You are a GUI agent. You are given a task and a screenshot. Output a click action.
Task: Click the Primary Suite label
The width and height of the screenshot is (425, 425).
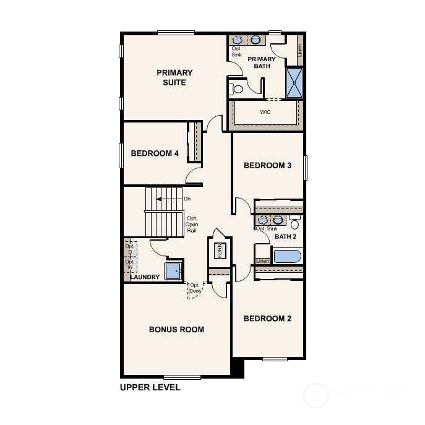point(174,77)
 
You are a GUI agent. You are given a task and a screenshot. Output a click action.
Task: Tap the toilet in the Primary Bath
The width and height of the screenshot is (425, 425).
point(236,88)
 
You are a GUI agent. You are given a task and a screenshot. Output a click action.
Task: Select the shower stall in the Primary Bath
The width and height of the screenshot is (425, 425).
point(294,83)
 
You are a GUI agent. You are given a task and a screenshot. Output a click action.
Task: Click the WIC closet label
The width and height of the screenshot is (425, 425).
point(265,112)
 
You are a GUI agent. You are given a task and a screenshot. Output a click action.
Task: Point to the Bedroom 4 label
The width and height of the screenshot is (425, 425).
point(155,153)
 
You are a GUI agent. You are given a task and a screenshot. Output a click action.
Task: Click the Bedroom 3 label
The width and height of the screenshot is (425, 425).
point(267,165)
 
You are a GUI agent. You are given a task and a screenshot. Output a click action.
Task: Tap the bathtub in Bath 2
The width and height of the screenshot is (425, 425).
point(287,256)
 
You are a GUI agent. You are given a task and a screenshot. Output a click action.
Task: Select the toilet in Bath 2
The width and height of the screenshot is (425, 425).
point(294,222)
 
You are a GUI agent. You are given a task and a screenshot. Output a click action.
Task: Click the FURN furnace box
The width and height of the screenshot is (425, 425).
point(220,251)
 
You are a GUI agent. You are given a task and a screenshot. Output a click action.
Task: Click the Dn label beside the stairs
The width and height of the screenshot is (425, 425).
point(187,199)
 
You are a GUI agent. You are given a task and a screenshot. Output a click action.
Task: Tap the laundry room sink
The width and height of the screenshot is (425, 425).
point(173,271)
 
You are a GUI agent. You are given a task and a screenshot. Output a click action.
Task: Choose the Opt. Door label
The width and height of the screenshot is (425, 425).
point(195,288)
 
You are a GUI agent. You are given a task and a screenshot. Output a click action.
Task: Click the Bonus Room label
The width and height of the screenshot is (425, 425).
point(176,329)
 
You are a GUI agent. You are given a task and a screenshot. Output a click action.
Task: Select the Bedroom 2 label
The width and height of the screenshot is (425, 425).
point(267,319)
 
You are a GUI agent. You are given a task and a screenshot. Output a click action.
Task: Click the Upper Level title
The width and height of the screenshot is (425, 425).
point(150,387)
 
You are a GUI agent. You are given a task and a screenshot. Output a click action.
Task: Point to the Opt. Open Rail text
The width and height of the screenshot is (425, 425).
point(192,225)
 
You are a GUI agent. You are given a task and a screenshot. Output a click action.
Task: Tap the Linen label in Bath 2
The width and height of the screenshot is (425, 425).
point(263,261)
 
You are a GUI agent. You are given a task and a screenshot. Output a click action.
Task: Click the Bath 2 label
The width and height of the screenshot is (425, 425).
point(285,236)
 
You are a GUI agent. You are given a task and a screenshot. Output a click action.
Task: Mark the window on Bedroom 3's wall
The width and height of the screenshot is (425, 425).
point(305,168)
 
